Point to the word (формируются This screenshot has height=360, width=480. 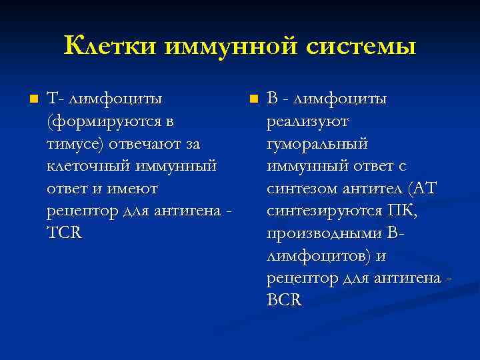tap(104, 122)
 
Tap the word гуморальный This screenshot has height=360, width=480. tap(317, 144)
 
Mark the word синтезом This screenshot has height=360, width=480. tap(301, 189)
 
